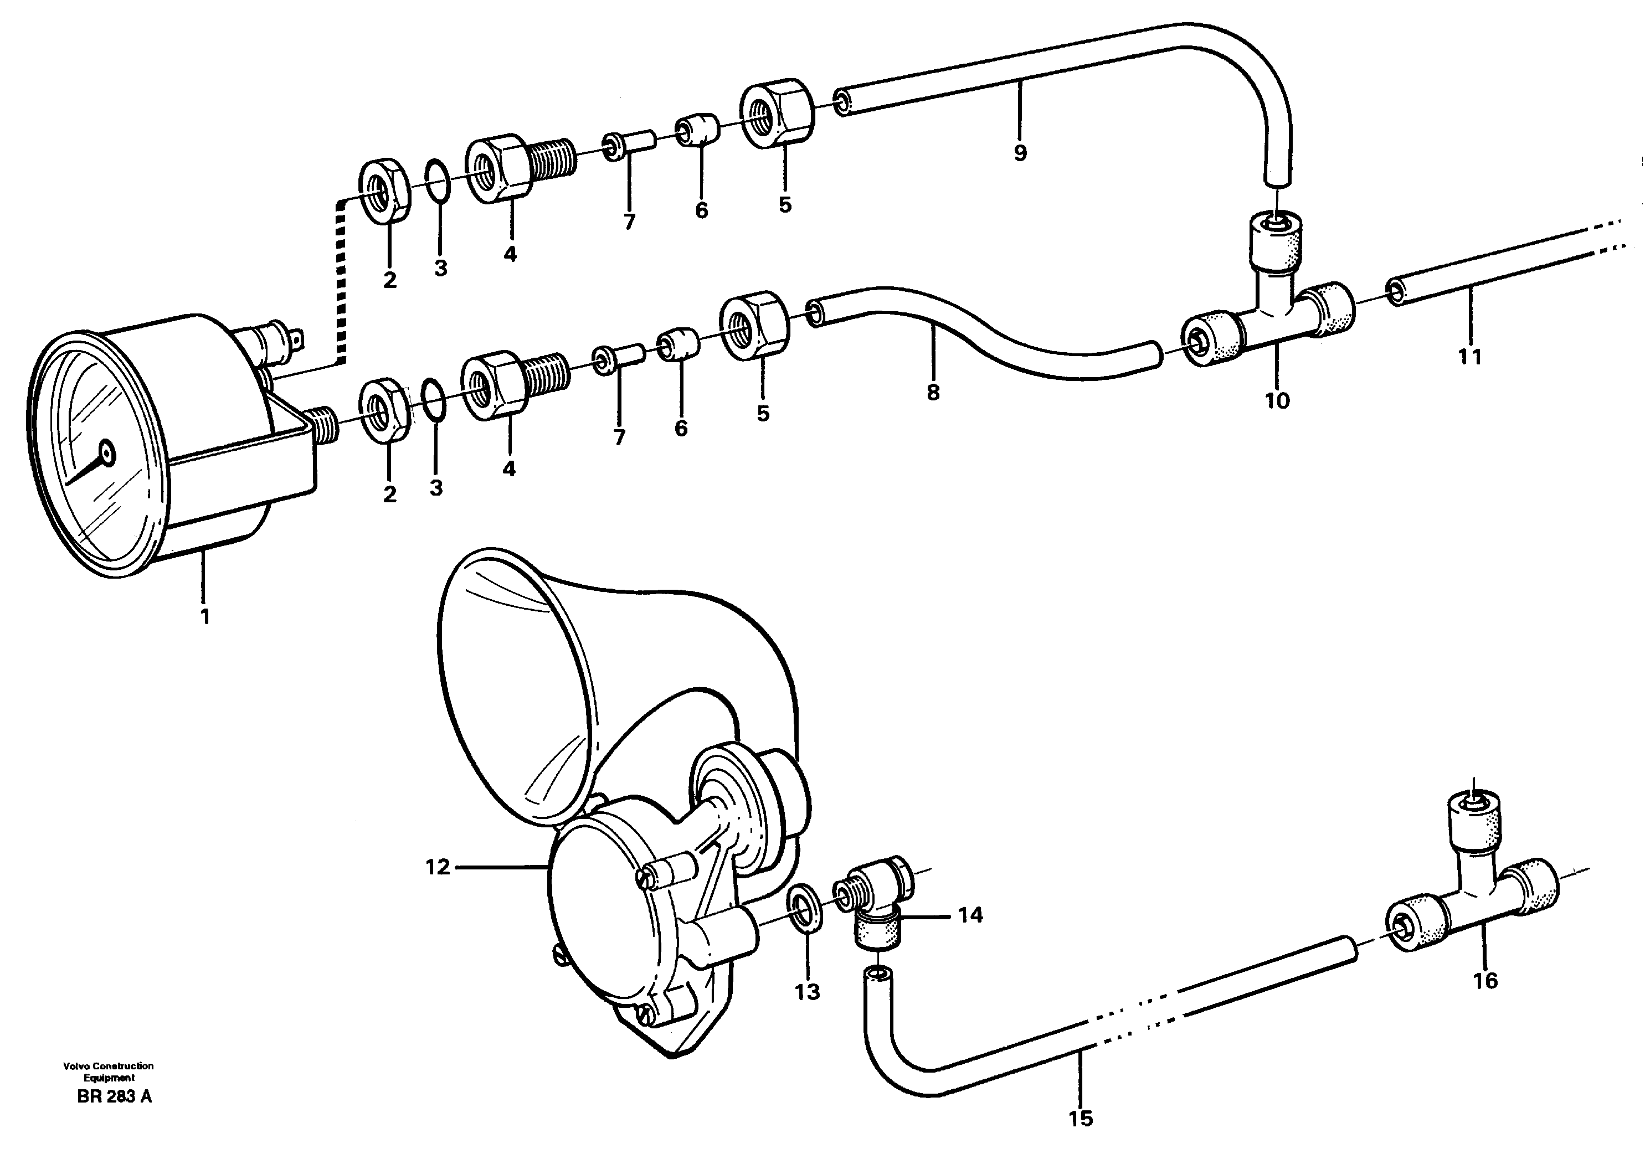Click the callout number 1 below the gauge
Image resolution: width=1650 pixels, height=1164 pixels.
click(205, 616)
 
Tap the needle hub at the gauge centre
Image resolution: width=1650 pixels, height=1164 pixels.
click(107, 452)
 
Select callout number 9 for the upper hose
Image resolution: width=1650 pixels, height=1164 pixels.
click(1020, 153)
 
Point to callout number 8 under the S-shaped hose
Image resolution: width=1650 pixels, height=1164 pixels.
click(933, 392)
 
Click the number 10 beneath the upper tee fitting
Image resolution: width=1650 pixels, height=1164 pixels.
click(1277, 400)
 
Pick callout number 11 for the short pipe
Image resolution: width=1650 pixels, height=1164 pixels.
click(1469, 357)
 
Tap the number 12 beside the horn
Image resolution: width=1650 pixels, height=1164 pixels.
click(437, 867)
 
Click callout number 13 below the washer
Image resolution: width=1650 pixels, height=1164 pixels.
click(807, 992)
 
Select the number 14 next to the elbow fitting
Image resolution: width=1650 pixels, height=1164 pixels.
click(970, 915)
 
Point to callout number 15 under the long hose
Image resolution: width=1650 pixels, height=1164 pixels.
click(1081, 1118)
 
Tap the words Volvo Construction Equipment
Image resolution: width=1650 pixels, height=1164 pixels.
click(108, 1072)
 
